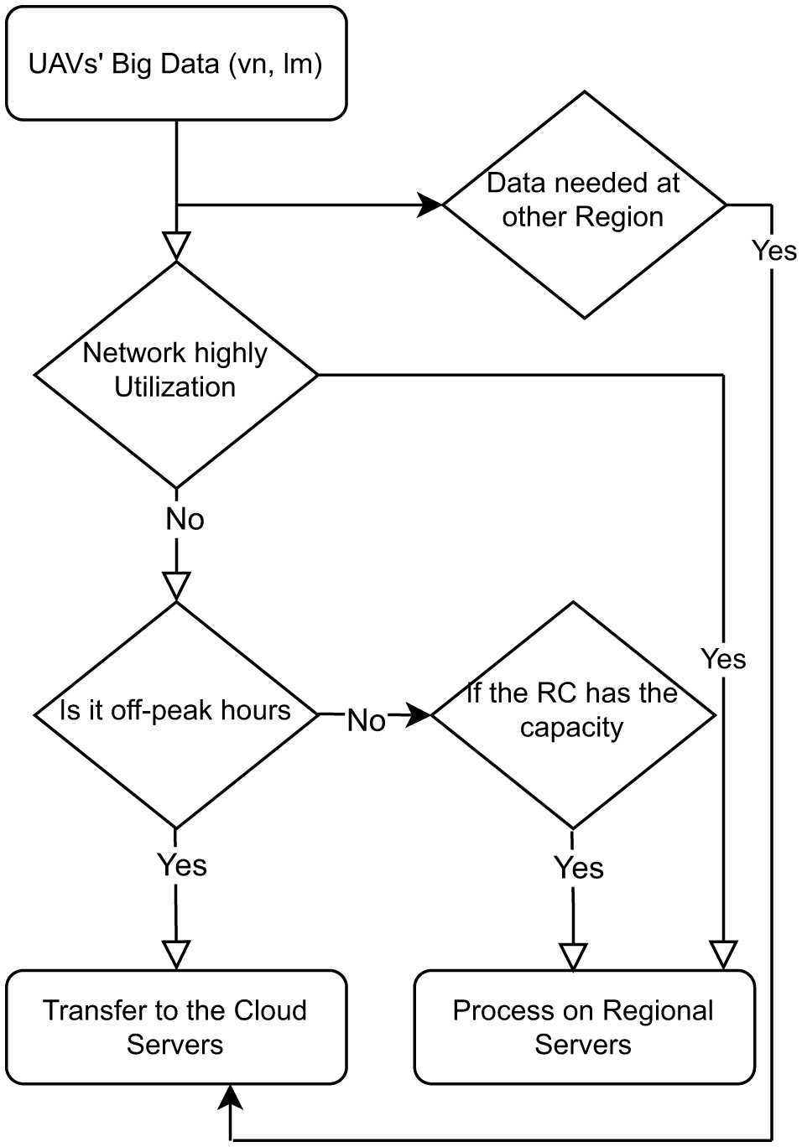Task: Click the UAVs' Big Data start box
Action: click(175, 64)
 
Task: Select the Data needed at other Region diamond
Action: click(584, 204)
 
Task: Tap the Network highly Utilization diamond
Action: click(175, 374)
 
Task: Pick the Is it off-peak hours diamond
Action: click(175, 714)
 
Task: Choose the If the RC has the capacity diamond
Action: click(572, 714)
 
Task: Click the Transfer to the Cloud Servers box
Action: click(175, 1027)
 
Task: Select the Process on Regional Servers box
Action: click(584, 1027)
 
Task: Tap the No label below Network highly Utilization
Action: click(185, 520)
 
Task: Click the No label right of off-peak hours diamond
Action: click(367, 720)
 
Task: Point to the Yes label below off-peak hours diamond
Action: click(182, 864)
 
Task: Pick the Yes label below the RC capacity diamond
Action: click(579, 868)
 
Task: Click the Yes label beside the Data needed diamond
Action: click(773, 251)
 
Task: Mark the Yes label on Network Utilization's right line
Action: click(723, 659)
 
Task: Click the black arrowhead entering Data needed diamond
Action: click(430, 204)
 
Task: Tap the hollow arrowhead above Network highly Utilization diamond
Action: click(176, 246)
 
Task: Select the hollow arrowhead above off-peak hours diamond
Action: click(176, 585)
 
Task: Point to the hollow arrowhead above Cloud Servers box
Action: click(176, 954)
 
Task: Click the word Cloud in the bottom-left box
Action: click(270, 1010)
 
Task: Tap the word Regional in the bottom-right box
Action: click(658, 1010)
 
